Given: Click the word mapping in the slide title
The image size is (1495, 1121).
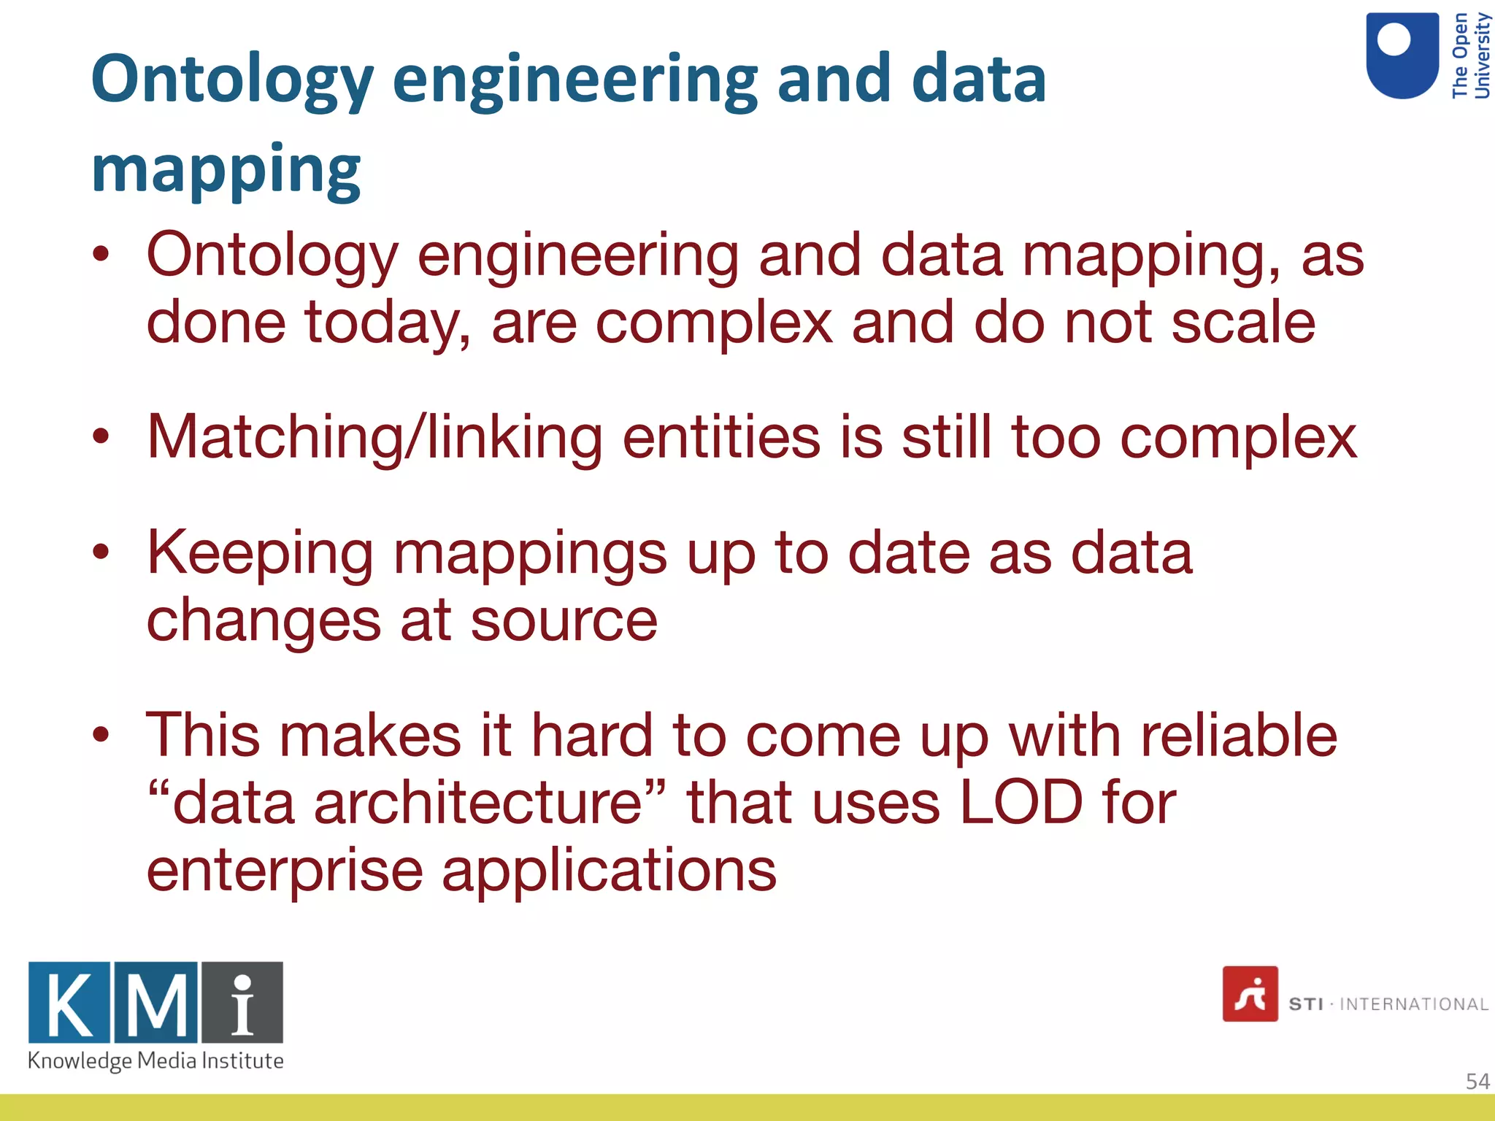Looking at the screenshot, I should tap(226, 169).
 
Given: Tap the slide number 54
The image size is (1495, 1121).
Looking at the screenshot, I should tap(1477, 1081).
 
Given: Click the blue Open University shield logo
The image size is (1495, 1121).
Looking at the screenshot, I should tap(1402, 55).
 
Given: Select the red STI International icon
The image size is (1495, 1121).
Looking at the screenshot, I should tap(1250, 994).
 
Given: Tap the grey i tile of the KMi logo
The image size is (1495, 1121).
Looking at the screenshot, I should tap(242, 1003).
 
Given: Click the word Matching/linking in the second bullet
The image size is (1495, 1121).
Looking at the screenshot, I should tap(374, 437).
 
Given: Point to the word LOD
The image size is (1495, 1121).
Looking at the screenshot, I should tap(1021, 803).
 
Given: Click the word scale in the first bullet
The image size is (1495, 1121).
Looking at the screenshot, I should tap(1242, 322).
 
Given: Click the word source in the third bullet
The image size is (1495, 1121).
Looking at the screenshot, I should tap(564, 620).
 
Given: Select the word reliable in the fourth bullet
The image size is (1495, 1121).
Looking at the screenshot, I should tap(1239, 735).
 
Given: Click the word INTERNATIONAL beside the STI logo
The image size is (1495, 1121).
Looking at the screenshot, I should tap(1413, 1004).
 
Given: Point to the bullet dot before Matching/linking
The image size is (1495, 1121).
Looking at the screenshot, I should tap(101, 437).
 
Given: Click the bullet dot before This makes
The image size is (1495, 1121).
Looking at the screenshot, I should tap(101, 735).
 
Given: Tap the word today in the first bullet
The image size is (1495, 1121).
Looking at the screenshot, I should tap(388, 322).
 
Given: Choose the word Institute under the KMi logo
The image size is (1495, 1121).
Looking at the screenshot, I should tap(242, 1060).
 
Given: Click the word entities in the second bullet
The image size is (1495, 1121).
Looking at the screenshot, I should tap(720, 437).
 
